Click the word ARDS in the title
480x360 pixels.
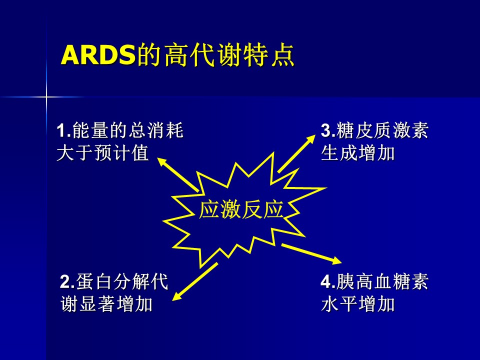(98, 55)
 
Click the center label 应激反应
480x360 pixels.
(241, 210)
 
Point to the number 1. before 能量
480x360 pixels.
(64, 130)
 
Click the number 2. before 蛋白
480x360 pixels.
(67, 281)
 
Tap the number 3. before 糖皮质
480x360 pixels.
(328, 130)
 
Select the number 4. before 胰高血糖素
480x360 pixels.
(328, 281)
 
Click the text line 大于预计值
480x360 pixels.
(103, 153)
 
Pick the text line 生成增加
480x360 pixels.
(358, 153)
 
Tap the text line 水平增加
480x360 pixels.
(358, 304)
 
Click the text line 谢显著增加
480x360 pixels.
(106, 304)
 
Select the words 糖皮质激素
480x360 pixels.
(382, 130)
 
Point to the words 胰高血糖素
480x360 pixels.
(382, 281)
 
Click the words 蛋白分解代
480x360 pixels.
(122, 281)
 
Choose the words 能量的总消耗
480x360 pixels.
(128, 130)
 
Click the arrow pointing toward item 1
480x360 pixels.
(177, 174)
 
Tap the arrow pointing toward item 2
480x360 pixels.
(195, 281)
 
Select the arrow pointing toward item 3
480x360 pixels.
(296, 153)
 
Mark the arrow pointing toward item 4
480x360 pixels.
(311, 254)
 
